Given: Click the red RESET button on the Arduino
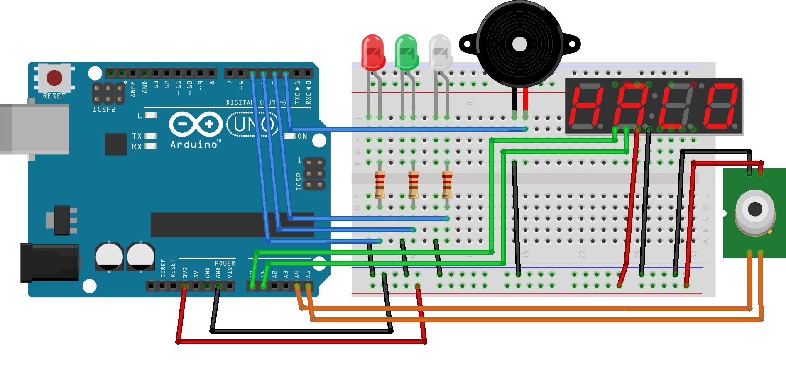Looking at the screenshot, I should [x=54, y=78].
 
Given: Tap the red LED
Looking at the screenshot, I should [x=372, y=52].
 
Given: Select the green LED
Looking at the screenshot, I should [x=406, y=52].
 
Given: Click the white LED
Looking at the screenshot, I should [x=440, y=52].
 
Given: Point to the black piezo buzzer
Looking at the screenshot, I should [x=519, y=44].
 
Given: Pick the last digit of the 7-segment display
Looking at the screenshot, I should [x=720, y=106].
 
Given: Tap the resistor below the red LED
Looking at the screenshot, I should [x=380, y=185].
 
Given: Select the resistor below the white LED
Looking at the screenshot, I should [x=447, y=185].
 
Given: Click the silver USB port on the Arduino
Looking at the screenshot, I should [x=35, y=129].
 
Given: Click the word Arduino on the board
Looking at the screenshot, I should [x=194, y=144].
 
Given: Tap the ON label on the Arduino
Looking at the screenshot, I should [x=302, y=136].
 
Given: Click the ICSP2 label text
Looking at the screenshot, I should [x=104, y=110].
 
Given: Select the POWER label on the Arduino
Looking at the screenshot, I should [x=225, y=263].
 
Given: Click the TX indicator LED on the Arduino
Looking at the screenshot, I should [x=150, y=136].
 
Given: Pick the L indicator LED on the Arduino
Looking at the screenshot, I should [x=150, y=115].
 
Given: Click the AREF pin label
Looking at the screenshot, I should [x=133, y=89].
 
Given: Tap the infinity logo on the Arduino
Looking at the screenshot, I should [x=196, y=124].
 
